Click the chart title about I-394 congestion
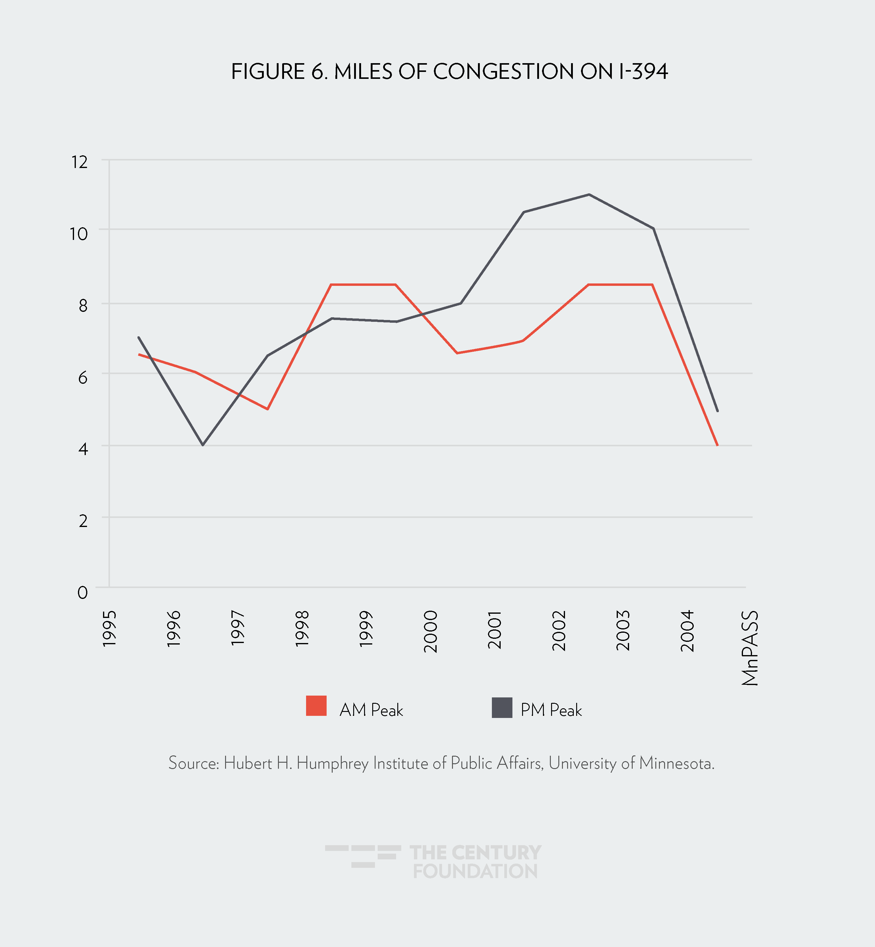tap(449, 72)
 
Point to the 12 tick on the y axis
tap(79, 162)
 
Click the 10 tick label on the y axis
tap(79, 234)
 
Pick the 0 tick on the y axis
tap(82, 592)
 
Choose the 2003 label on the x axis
tap(623, 631)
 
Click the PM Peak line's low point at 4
tap(203, 445)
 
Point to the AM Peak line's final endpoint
tap(718, 445)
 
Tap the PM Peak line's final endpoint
tap(718, 411)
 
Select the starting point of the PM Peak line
tap(138, 337)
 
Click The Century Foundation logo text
tap(475, 862)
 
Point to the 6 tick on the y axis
tap(83, 378)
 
